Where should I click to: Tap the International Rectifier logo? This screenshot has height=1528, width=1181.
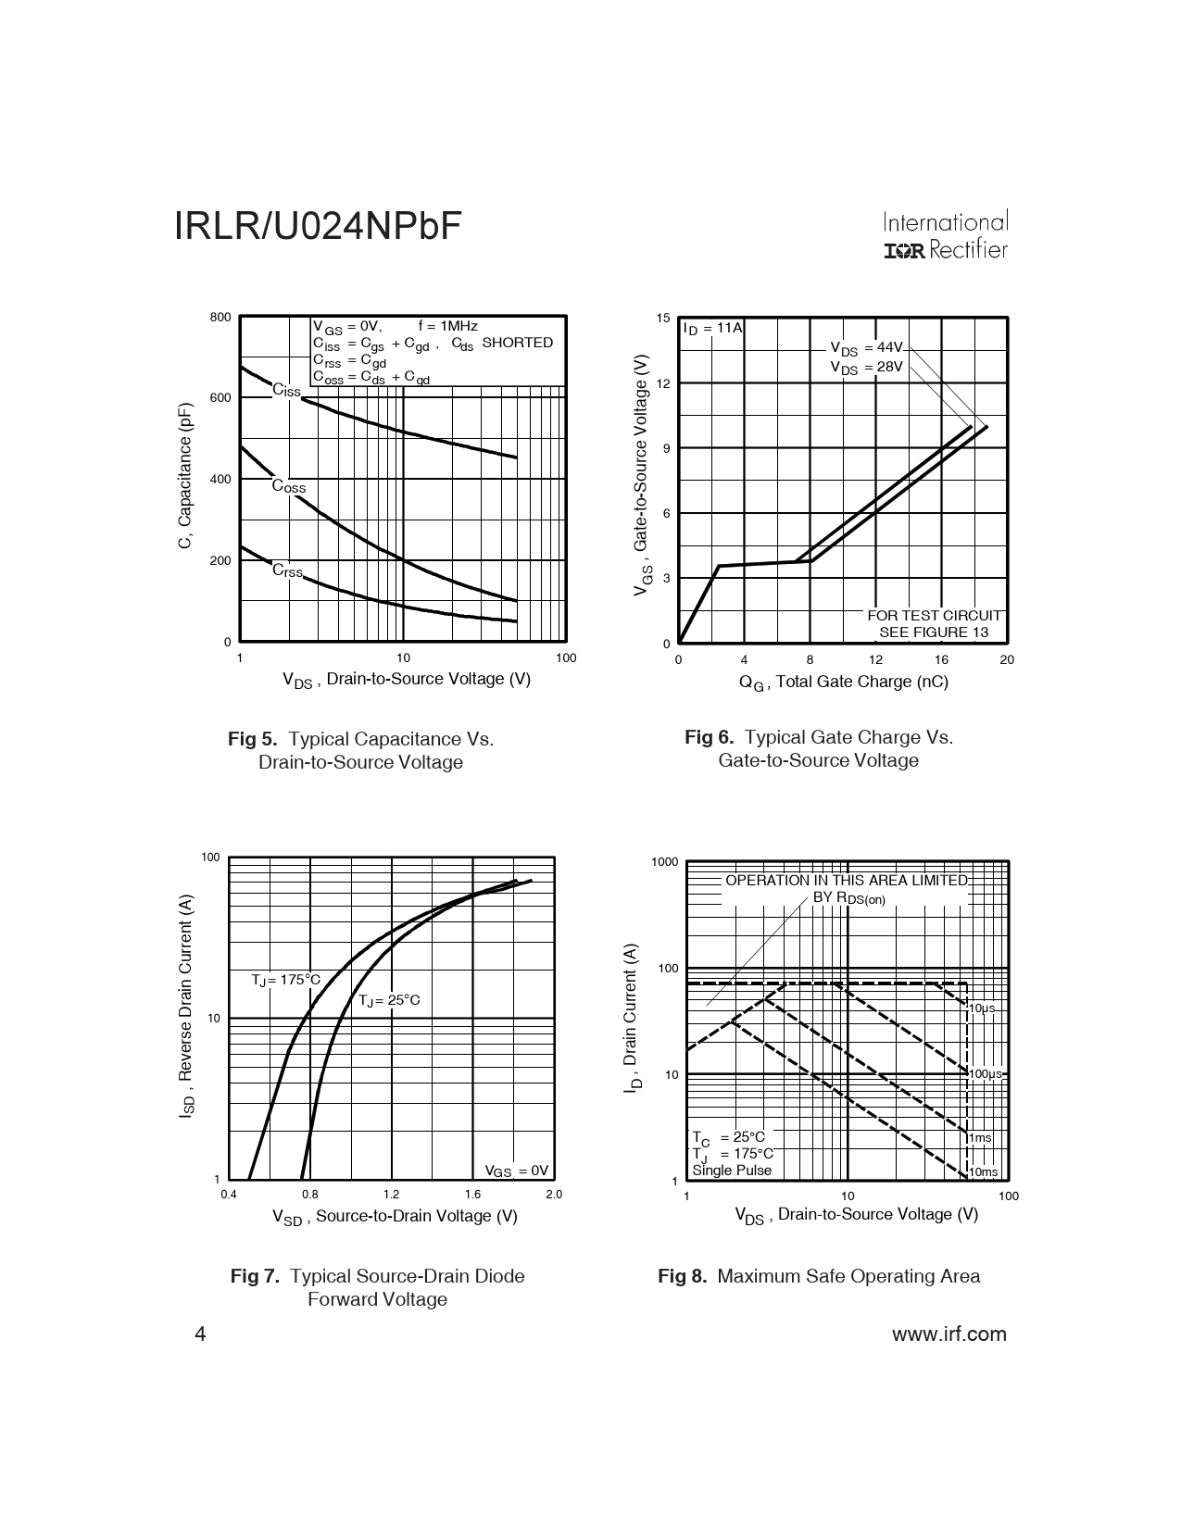[945, 236]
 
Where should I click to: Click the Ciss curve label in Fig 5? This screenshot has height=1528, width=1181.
[286, 391]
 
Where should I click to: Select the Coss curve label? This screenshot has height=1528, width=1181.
[288, 487]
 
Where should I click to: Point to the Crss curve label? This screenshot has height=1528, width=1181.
[287, 570]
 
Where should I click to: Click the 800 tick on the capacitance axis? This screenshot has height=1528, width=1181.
[220, 318]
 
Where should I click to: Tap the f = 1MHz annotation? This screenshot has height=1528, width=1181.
[447, 326]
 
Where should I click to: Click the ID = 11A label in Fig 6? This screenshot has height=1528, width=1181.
[712, 328]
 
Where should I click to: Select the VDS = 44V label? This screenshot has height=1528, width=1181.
[866, 348]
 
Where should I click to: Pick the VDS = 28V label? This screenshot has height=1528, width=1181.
[866, 368]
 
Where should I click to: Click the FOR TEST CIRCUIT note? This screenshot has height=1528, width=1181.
[934, 616]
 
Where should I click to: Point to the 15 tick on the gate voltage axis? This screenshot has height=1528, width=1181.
[662, 319]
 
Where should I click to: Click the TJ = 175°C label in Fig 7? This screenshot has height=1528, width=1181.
[286, 980]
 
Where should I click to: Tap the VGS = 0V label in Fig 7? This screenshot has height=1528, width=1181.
[517, 1171]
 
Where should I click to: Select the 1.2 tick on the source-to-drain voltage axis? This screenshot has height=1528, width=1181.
[391, 1195]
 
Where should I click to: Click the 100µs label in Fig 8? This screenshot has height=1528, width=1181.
[986, 1074]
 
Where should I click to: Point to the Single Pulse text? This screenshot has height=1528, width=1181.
[732, 1171]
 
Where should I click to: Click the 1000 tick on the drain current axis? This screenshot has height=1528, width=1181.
[665, 862]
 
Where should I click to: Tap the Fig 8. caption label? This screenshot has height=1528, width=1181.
[682, 1276]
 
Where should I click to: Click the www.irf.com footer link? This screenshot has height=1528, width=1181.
[949, 1334]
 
